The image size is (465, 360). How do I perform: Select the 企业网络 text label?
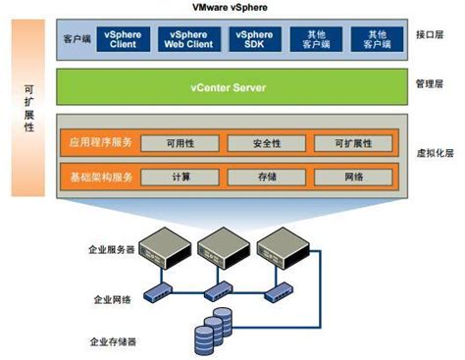tap(115, 298)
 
